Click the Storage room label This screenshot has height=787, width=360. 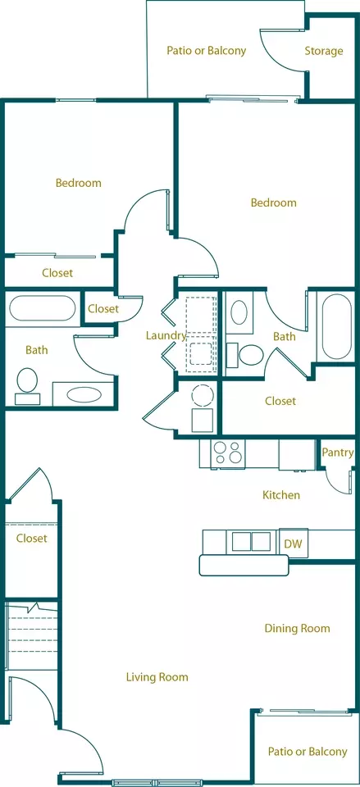324,51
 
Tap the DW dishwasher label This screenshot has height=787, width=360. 294,544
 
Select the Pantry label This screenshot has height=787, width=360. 338,453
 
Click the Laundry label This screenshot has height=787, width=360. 166,336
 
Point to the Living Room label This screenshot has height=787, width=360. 157,677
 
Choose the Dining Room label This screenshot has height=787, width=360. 297,629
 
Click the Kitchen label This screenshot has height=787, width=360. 281,495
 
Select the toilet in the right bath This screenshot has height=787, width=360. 246,355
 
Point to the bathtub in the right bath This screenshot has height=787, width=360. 336,327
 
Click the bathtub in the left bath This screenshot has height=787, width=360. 42,308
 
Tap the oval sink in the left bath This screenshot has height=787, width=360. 84,394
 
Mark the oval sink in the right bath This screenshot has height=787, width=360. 239,312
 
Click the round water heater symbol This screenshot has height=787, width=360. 203,395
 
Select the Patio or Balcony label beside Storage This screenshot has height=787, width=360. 207,51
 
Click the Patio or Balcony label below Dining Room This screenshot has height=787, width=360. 308,752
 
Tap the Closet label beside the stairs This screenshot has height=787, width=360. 32,539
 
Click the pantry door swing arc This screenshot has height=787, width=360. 335,483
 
